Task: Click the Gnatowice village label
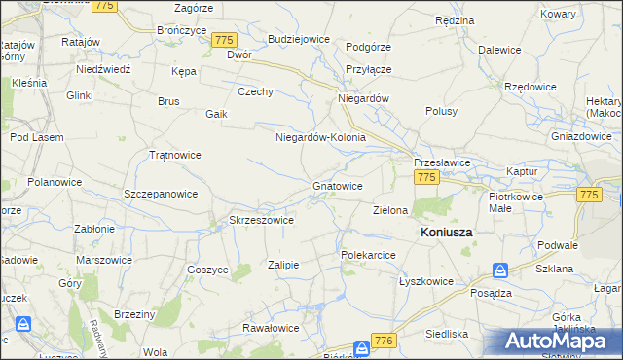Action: coord(338,185)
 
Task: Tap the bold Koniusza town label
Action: coord(446,234)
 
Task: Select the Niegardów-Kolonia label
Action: coord(320,137)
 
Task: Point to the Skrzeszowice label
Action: coord(261,220)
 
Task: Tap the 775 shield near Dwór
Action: coord(224,39)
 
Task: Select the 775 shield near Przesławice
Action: coord(425,177)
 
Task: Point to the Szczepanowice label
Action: coord(162,194)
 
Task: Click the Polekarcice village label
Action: coord(367,254)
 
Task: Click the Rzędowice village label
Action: coord(531,86)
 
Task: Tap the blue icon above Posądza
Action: coord(499,270)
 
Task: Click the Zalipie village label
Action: coord(282,265)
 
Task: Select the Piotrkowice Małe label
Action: coord(514,201)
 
